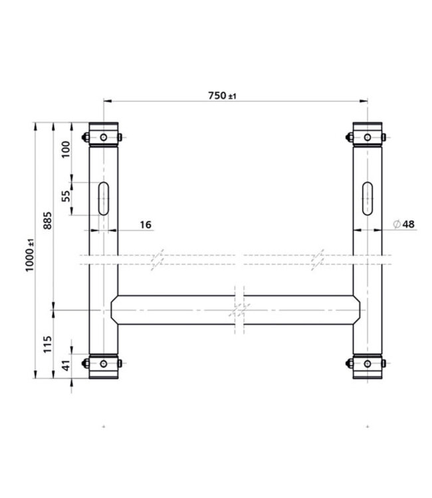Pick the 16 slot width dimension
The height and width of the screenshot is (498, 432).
(146, 225)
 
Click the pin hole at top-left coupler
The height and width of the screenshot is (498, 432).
(104, 137)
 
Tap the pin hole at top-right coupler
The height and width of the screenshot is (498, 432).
(368, 137)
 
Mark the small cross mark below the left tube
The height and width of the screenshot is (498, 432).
(104, 425)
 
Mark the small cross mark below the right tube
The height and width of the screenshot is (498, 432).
(368, 425)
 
